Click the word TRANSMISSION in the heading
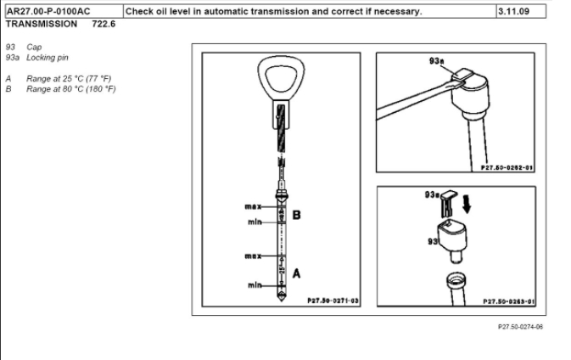pyautogui.click(x=41, y=24)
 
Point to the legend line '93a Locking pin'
pyautogui.click(x=39, y=58)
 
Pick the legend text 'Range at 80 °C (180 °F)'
pyautogui.click(x=71, y=88)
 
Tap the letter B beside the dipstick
pyautogui.click(x=296, y=215)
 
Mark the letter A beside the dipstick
pyautogui.click(x=296, y=273)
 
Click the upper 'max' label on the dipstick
pyautogui.click(x=252, y=207)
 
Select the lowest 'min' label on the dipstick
pyautogui.click(x=254, y=285)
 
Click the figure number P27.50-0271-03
pyautogui.click(x=332, y=301)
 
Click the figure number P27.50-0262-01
pyautogui.click(x=507, y=168)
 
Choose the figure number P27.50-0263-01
pyautogui.click(x=507, y=301)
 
